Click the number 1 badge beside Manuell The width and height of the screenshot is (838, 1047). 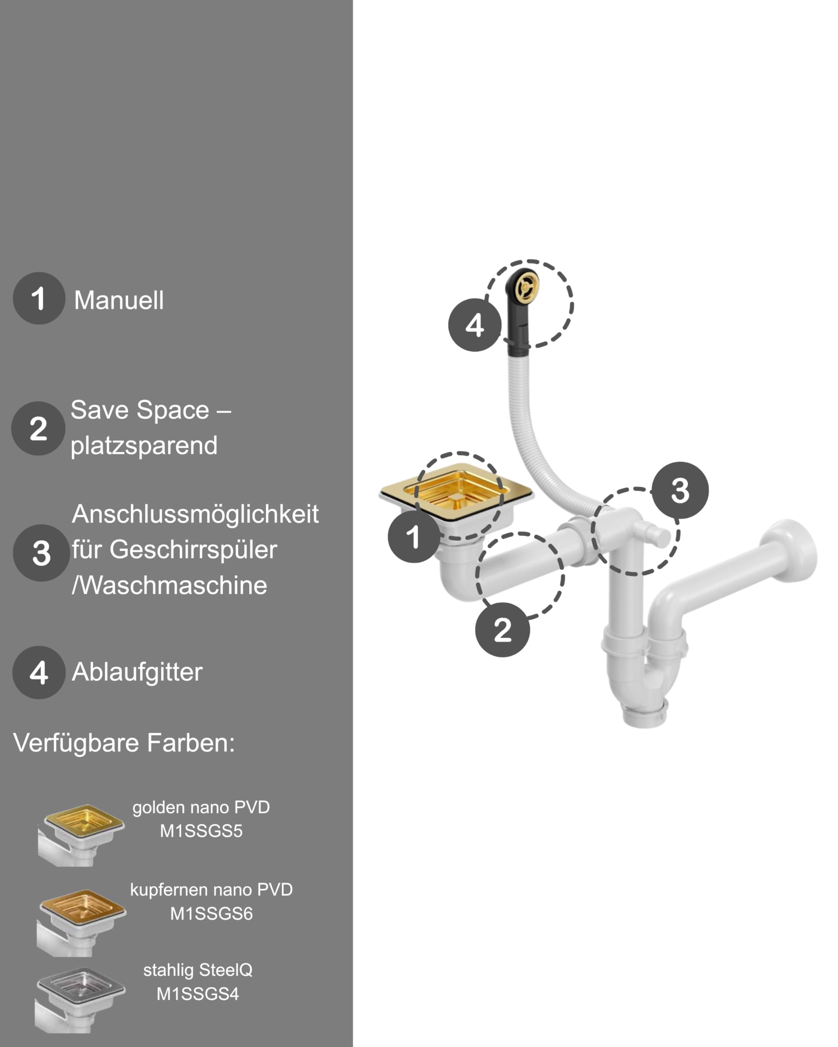pos(39,298)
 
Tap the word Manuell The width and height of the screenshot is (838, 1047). pos(119,300)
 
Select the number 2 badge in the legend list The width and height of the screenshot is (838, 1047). pos(38,428)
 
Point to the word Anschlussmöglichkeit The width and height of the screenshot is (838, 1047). pos(195,514)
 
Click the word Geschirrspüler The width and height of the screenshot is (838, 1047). pos(194,550)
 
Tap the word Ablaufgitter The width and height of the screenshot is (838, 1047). pos(137,672)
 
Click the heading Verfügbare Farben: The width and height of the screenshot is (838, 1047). pos(124,743)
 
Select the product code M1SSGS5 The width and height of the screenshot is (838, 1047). pos(201,831)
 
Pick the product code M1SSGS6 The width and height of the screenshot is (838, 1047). pos(211,913)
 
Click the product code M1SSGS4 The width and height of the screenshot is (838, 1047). pos(198,994)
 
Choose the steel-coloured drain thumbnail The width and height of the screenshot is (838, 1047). pos(80,1000)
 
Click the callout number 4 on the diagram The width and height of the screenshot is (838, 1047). pos(475,325)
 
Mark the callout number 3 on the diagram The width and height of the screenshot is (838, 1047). pos(680,490)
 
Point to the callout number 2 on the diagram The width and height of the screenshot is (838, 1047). pos(503,630)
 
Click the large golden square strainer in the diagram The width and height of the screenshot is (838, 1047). pos(457,492)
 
